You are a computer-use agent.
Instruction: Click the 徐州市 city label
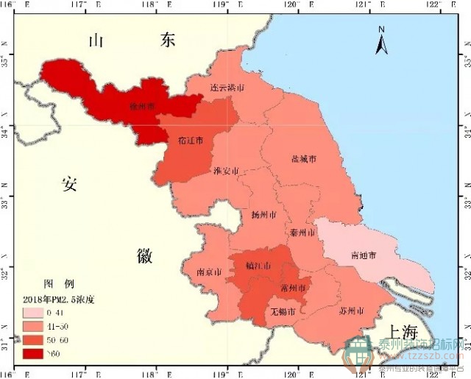[143, 107]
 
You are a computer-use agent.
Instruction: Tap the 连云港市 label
[227, 88]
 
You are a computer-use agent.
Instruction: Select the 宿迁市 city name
[190, 140]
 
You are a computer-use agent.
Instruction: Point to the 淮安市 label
[226, 171]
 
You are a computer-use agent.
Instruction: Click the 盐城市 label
[304, 159]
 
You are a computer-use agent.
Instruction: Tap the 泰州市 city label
[303, 233]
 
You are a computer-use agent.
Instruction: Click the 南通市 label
[364, 255]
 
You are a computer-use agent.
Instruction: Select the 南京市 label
[209, 272]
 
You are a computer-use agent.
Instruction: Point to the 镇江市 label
[258, 266]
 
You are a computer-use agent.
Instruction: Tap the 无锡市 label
[283, 312]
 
